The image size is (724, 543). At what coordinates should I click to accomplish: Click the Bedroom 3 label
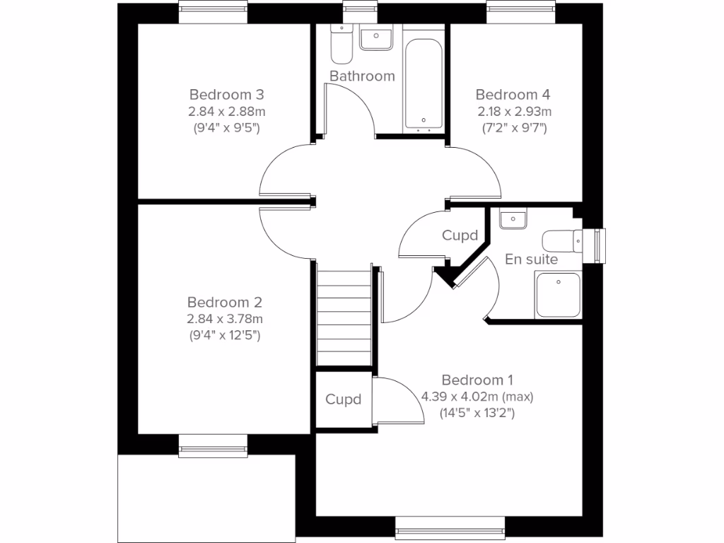pos(226,95)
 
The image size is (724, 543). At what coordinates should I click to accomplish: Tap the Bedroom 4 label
pos(513,95)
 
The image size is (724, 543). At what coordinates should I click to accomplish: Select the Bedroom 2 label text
pos(224,303)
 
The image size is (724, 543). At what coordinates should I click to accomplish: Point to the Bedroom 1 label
pos(477,380)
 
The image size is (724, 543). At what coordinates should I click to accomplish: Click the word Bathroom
pos(362,76)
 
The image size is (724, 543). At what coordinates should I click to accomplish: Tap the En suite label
pos(531,259)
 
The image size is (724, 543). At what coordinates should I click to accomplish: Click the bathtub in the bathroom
pos(424,78)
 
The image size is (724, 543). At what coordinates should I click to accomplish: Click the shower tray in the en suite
pos(559,295)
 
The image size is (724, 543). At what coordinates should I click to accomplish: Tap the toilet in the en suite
pos(563,240)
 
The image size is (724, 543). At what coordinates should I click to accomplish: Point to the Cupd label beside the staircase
pos(343,399)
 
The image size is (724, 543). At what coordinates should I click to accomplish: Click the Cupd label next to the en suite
pos(460,235)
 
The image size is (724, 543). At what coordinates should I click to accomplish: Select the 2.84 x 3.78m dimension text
pos(224,319)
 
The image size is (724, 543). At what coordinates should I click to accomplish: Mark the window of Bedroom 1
pos(450,527)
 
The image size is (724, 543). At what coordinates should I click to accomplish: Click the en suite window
pos(600,245)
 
